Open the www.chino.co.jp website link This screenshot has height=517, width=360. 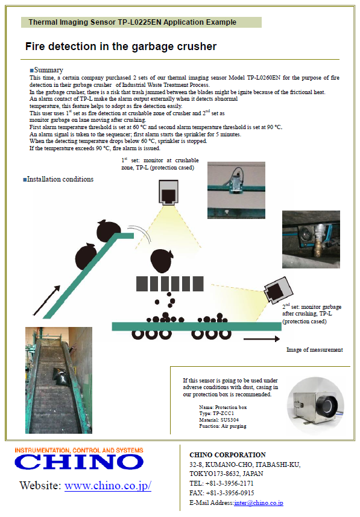click(108, 486)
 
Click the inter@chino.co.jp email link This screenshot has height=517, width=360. click(259, 503)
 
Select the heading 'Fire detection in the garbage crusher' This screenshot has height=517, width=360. click(121, 46)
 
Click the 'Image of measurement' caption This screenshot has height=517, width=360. click(314, 350)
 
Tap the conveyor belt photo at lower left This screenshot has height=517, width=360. click(58, 379)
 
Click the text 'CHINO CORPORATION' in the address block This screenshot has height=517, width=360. click(227, 455)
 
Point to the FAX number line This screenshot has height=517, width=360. click(221, 493)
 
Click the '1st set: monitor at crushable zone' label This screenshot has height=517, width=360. click(160, 164)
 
